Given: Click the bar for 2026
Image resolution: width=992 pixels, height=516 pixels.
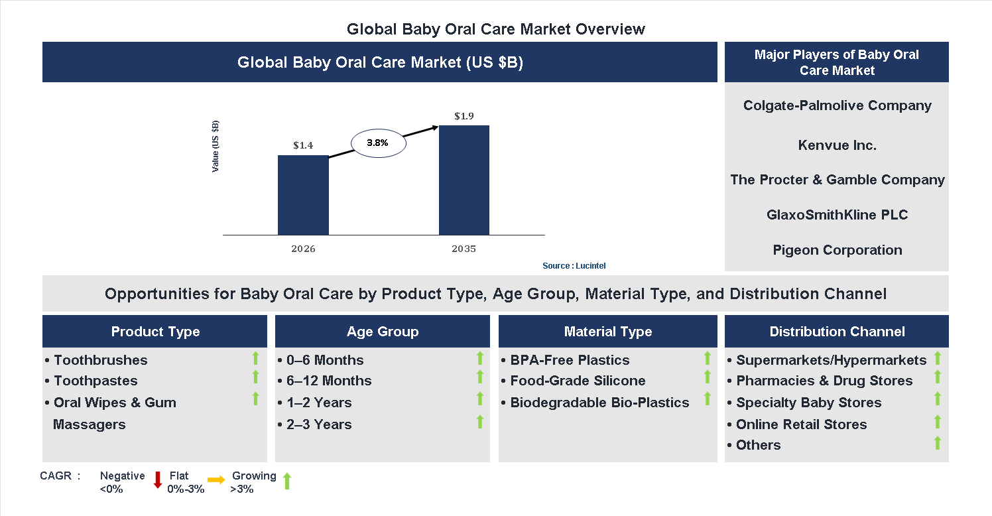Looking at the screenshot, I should click(x=303, y=195).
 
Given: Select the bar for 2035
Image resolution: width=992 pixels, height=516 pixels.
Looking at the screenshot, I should click(x=464, y=180).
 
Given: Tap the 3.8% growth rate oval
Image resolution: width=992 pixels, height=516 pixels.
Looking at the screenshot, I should click(x=377, y=143).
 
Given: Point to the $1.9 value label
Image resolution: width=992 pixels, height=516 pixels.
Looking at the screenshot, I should click(x=464, y=116).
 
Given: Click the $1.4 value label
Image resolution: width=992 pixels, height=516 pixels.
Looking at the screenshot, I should click(x=303, y=145).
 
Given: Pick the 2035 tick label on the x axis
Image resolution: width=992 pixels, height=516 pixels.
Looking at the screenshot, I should click(x=464, y=249).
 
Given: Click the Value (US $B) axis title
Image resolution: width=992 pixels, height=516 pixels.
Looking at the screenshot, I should click(x=216, y=146).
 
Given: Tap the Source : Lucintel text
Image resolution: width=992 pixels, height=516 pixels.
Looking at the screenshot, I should click(x=574, y=266).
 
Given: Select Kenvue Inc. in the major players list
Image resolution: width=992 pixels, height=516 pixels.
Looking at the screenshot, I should click(x=837, y=145).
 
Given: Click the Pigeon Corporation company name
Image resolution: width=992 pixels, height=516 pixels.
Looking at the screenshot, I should click(x=837, y=250).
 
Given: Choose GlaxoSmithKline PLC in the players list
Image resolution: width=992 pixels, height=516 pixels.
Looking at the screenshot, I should click(x=837, y=215).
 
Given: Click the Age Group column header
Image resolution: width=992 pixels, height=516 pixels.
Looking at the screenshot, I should click(x=382, y=332).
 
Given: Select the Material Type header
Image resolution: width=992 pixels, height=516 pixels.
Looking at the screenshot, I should click(x=607, y=332).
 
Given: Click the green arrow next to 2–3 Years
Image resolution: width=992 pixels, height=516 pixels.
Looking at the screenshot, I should click(x=480, y=422).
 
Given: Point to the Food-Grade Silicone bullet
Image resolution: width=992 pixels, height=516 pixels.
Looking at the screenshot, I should click(x=577, y=381).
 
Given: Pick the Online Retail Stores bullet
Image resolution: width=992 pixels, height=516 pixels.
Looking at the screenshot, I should click(x=800, y=424).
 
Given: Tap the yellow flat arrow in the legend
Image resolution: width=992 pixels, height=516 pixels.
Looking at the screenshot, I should click(x=216, y=480).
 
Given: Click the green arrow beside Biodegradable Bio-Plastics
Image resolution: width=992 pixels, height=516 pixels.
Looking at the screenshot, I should click(x=708, y=399).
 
